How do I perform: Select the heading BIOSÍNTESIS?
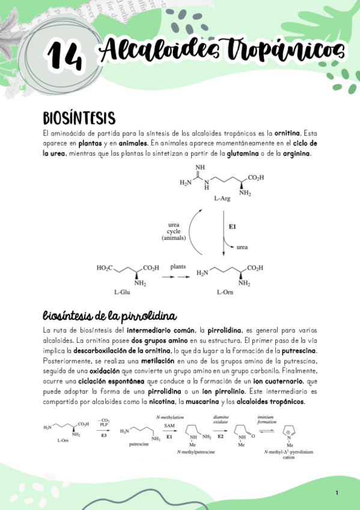(79, 117)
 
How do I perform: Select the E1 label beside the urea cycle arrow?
(233, 227)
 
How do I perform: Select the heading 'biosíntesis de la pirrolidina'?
(109, 316)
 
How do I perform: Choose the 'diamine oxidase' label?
(221, 420)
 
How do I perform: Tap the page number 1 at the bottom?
(337, 493)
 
